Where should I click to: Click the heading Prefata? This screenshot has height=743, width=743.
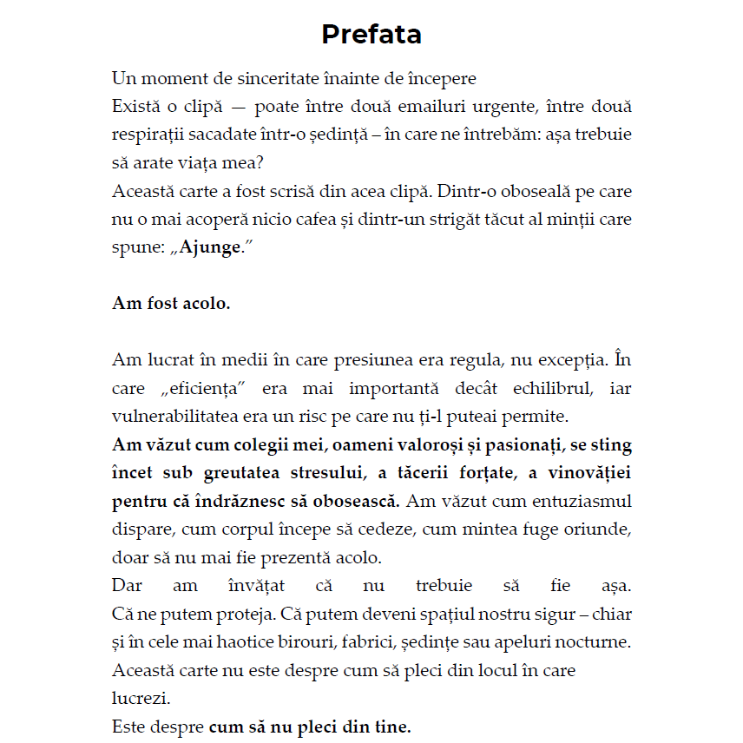pos(371,35)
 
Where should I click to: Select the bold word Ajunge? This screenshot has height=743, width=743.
pos(209,247)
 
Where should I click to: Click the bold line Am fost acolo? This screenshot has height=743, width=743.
pos(171,303)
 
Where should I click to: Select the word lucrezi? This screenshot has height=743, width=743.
pos(141,698)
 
